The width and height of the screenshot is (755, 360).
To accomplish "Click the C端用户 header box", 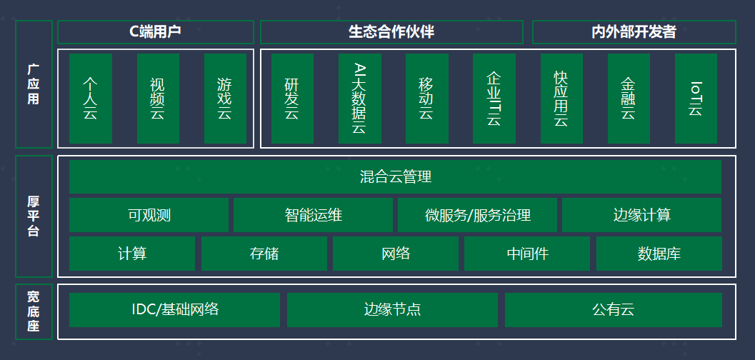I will click(x=155, y=32).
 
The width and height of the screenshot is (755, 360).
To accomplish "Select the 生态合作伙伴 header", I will click(x=391, y=32).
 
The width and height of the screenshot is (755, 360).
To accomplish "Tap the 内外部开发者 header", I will click(x=634, y=32).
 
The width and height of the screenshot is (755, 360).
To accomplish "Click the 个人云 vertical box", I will click(x=91, y=99).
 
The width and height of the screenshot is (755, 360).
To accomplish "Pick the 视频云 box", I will click(x=158, y=99).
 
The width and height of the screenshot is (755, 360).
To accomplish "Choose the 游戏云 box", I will click(x=225, y=99).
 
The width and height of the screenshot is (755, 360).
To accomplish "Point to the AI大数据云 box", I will click(x=359, y=99).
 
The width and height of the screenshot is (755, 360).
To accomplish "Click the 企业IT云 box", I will click(x=494, y=99).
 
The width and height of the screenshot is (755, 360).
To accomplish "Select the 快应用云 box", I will click(x=561, y=99).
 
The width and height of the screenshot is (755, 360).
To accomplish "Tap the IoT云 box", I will click(x=696, y=99).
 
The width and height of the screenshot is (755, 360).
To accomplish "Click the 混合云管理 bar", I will click(x=395, y=176).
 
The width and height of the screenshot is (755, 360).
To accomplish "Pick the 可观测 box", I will click(x=149, y=215).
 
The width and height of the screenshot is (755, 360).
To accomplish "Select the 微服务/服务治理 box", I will click(x=477, y=215).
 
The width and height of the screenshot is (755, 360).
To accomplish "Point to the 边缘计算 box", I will click(x=641, y=215).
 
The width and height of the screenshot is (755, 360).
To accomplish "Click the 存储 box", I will click(x=264, y=254).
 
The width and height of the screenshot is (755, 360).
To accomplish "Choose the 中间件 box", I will click(x=527, y=254).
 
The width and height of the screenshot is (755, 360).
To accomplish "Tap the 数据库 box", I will click(x=659, y=254).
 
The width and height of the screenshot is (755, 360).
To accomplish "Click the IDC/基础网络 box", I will click(x=175, y=310).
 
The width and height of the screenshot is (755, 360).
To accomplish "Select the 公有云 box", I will click(x=613, y=310).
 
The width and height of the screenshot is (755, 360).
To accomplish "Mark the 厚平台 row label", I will click(x=34, y=216).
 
